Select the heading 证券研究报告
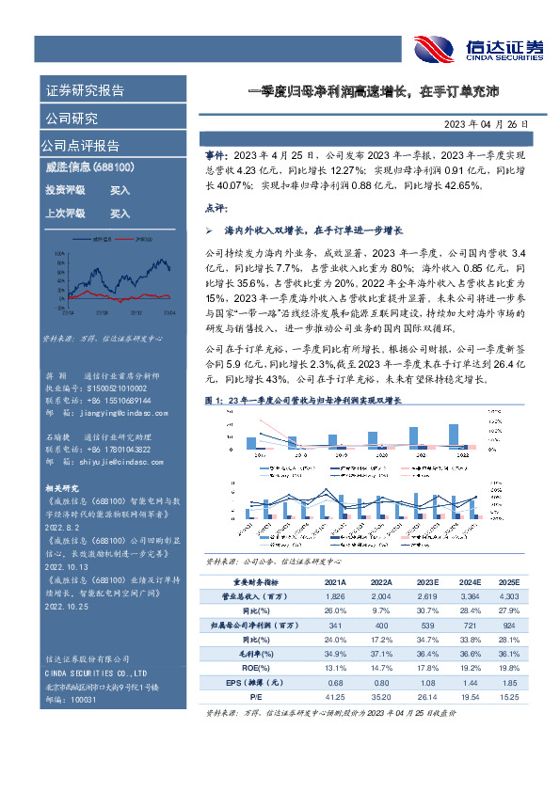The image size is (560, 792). point(84,91)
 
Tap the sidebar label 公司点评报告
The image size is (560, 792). point(80,146)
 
